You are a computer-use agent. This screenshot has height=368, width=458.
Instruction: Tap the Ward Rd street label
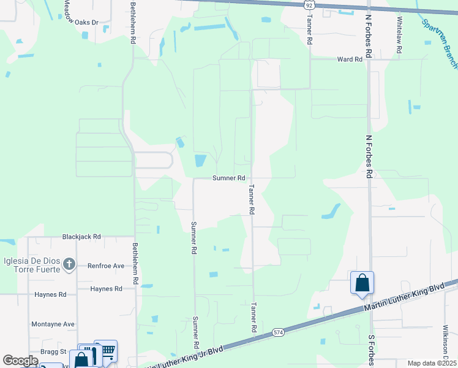click(x=346, y=59)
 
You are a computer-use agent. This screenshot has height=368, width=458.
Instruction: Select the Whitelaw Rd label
click(x=399, y=36)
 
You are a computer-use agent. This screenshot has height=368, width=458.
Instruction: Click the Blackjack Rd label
click(x=81, y=236)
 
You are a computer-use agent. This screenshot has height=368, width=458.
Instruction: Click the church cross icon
click(x=69, y=264)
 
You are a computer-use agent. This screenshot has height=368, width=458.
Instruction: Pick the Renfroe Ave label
click(x=106, y=266)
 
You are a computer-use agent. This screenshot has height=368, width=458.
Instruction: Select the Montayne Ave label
click(x=53, y=324)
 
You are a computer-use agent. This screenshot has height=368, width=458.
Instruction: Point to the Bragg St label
click(x=54, y=351)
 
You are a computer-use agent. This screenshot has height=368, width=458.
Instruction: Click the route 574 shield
click(x=279, y=332)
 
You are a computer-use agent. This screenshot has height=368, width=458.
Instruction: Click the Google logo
click(x=20, y=361)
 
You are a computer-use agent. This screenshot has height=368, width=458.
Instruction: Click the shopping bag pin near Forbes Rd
click(x=362, y=283)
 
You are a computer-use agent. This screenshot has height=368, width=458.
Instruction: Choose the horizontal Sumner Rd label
click(x=229, y=178)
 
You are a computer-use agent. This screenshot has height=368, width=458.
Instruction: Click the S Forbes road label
click(x=370, y=347)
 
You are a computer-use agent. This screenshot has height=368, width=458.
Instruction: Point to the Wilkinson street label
click(x=446, y=350)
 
